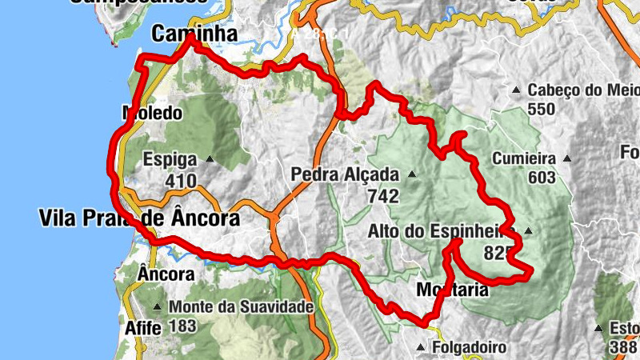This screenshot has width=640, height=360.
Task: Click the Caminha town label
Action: tap(195, 34)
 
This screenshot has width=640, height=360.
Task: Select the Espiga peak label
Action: tap(170, 158)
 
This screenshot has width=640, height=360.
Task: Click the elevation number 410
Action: tap(181, 181)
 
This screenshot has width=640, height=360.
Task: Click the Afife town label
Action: tap(143, 328)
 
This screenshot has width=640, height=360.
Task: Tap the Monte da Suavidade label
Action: tap(240, 306)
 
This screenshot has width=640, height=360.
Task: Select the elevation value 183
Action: tap(183, 326)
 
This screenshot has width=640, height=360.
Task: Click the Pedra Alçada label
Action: tap(345, 174)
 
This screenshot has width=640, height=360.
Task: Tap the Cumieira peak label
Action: tap(524, 158)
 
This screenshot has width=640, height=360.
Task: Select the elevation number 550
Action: tap(541, 109)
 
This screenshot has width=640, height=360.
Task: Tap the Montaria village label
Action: tap(452, 290)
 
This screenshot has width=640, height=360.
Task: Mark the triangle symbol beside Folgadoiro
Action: tap(422, 347)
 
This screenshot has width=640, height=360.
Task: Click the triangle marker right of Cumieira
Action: tap(568, 158)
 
